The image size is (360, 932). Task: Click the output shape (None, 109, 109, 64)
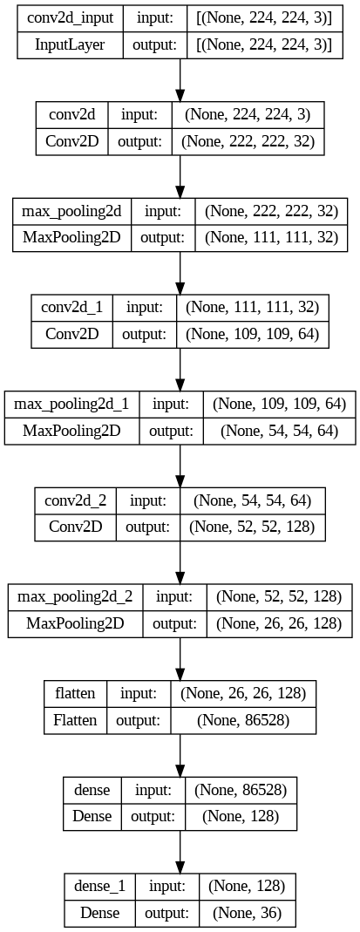[x=253, y=333]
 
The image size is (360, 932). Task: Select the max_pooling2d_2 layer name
[x=75, y=597]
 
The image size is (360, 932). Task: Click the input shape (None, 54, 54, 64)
[x=251, y=500]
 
